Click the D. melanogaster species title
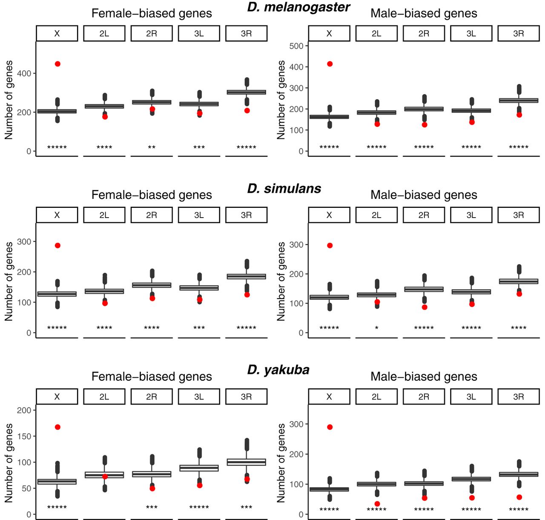click(x=298, y=7)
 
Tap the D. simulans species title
click(x=284, y=189)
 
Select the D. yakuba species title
click(x=278, y=370)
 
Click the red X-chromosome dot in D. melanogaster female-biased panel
click(x=57, y=64)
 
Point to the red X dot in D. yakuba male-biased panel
click(x=330, y=427)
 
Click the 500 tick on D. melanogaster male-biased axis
click(x=296, y=46)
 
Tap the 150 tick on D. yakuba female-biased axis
click(x=24, y=437)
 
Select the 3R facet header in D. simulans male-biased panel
click(x=518, y=215)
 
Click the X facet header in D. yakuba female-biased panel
click(x=57, y=396)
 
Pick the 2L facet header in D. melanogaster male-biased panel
click(x=376, y=33)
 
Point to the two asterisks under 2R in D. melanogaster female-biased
click(x=152, y=147)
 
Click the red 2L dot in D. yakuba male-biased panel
click(x=377, y=504)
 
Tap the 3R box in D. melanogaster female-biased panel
click(x=246, y=92)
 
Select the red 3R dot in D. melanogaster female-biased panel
click(x=247, y=111)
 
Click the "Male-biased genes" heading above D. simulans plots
click(x=424, y=195)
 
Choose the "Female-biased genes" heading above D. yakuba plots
click(x=152, y=376)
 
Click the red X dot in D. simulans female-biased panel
click(x=57, y=245)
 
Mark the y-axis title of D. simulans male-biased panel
click(x=281, y=282)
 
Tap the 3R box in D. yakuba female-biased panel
click(x=246, y=462)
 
